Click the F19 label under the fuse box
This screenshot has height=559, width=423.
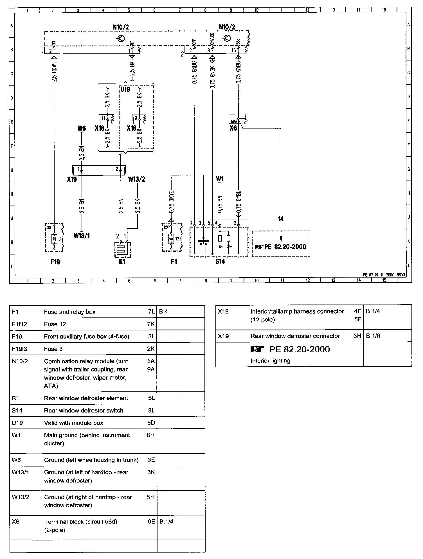pyautogui.click(x=55, y=262)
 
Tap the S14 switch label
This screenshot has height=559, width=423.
pyautogui.click(x=220, y=262)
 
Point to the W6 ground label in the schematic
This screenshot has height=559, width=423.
pyautogui.click(x=82, y=129)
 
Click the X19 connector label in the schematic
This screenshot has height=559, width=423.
pyautogui.click(x=72, y=179)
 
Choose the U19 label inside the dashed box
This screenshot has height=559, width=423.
pyautogui.click(x=125, y=89)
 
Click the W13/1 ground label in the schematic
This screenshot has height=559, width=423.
pyautogui.click(x=82, y=236)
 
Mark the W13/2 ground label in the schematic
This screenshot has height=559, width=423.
pyautogui.click(x=137, y=179)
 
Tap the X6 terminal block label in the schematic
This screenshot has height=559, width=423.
pyautogui.click(x=233, y=128)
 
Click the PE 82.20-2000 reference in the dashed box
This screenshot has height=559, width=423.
pyautogui.click(x=285, y=247)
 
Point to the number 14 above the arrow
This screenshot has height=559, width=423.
pyautogui.click(x=280, y=219)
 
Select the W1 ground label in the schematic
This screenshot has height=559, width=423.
pyautogui.click(x=220, y=179)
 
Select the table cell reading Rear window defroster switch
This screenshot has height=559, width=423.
pyautogui.click(x=84, y=411)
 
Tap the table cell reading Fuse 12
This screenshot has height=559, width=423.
pyautogui.click(x=55, y=324)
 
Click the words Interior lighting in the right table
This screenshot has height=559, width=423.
pyautogui.click(x=270, y=360)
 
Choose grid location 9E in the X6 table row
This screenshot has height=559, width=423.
pyautogui.click(x=151, y=522)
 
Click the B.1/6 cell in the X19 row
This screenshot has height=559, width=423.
pyautogui.click(x=373, y=336)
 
